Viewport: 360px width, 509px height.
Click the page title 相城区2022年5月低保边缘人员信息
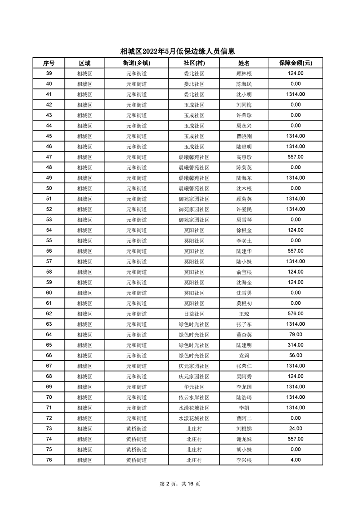click(x=180, y=52)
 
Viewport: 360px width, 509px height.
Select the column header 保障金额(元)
click(x=295, y=63)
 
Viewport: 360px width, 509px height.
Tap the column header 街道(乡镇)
click(x=136, y=63)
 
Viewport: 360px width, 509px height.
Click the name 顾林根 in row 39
click(x=243, y=73)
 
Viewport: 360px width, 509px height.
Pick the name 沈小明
click(x=243, y=94)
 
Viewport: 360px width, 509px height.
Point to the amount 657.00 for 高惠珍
click(x=295, y=157)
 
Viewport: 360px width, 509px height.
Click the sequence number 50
click(x=49, y=188)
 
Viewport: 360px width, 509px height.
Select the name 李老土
click(x=243, y=240)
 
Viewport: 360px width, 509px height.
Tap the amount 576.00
click(x=295, y=313)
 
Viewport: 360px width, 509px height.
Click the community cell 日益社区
click(x=194, y=314)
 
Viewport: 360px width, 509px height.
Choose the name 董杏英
click(x=243, y=335)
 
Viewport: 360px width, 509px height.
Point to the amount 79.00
click(x=295, y=334)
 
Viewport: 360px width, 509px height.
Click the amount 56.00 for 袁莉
click(x=295, y=355)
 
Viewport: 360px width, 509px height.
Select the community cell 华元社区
click(x=194, y=387)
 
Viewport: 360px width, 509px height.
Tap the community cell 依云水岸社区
click(x=194, y=397)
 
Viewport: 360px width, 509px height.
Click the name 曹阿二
click(x=243, y=418)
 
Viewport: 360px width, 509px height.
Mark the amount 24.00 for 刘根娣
click(x=295, y=428)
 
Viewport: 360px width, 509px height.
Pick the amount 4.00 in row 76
click(x=295, y=460)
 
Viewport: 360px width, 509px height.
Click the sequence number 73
click(x=49, y=429)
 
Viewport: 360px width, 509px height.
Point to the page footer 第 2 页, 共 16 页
click(x=180, y=484)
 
